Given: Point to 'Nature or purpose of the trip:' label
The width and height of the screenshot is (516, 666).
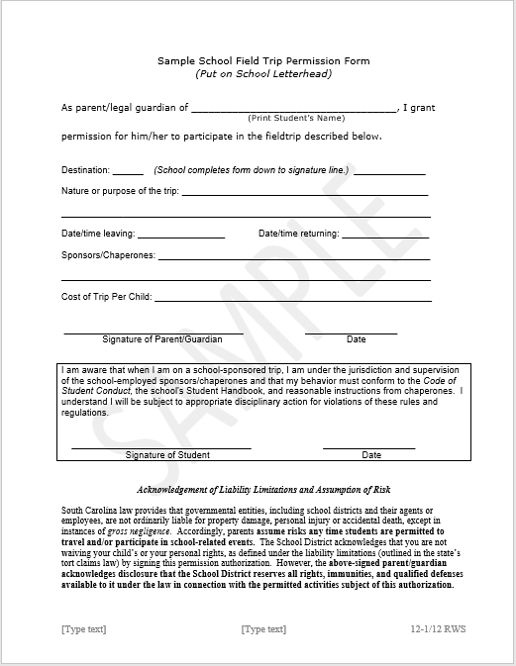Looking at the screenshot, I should pyautogui.click(x=120, y=191).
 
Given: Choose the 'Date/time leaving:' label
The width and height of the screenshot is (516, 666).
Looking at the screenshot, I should pyautogui.click(x=97, y=235).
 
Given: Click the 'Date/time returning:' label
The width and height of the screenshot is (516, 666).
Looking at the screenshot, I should pyautogui.click(x=299, y=235).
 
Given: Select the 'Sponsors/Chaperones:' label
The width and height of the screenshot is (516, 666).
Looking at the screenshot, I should pyautogui.click(x=108, y=255).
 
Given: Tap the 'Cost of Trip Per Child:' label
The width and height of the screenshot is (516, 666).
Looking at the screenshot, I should pyautogui.click(x=106, y=297).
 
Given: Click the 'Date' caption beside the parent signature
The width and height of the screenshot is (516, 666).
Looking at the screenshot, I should pyautogui.click(x=356, y=339).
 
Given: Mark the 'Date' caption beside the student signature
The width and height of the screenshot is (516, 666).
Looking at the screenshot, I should pyautogui.click(x=371, y=455).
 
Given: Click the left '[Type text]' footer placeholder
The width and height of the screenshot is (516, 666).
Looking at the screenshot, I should pyautogui.click(x=84, y=628).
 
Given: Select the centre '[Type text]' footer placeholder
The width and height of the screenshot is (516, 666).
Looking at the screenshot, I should pyautogui.click(x=263, y=628).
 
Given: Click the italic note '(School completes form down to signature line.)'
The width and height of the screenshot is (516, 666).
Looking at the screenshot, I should pyautogui.click(x=251, y=170).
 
